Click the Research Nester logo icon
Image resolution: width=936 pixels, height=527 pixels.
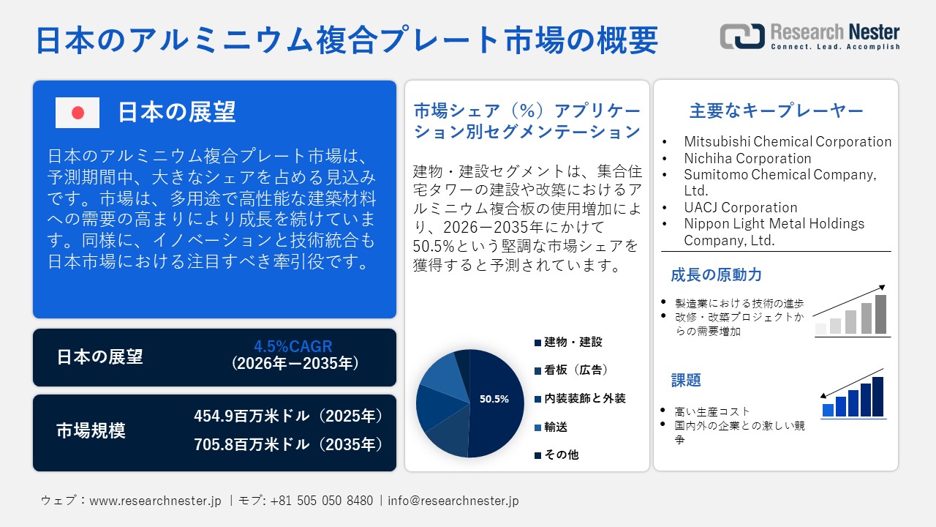[x=741, y=36]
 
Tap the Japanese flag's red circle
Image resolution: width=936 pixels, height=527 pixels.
[x=78, y=113]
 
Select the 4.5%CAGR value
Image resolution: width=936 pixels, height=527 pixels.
[x=292, y=346]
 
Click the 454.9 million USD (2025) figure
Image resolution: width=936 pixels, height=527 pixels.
[x=288, y=416]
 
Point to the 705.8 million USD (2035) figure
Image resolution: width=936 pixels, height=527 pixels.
[x=288, y=444]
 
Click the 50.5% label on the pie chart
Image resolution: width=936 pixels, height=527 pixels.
[x=494, y=400]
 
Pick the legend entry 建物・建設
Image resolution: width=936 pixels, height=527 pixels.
[x=573, y=342]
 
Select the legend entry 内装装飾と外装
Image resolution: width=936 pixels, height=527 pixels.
[x=584, y=398]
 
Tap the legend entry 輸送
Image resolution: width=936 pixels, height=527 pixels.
[x=555, y=427]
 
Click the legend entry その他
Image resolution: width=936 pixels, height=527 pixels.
[x=561, y=455]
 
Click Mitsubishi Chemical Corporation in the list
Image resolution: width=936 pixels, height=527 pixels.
[x=788, y=142]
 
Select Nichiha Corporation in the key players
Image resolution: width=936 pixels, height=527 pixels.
[x=747, y=158]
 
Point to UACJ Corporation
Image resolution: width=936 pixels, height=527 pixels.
[x=741, y=207]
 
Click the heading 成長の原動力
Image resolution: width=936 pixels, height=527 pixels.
[x=706, y=275]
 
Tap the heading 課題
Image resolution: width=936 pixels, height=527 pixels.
[x=686, y=381]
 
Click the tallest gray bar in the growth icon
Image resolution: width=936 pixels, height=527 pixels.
[x=880, y=314]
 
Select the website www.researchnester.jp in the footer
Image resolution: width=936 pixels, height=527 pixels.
[x=155, y=501]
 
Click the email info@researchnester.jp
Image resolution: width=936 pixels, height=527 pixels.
[x=453, y=501]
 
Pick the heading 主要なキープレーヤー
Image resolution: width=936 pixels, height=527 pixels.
[x=776, y=111]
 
